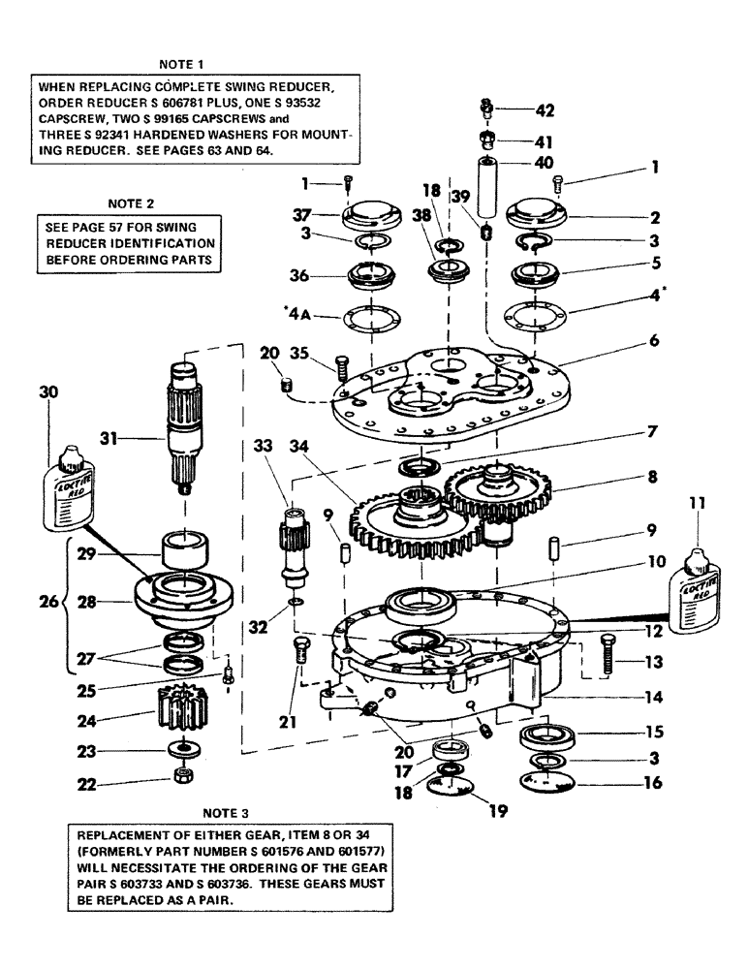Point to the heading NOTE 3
coord(228,811)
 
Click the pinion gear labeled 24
coord(182,716)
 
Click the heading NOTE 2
coord(126,204)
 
